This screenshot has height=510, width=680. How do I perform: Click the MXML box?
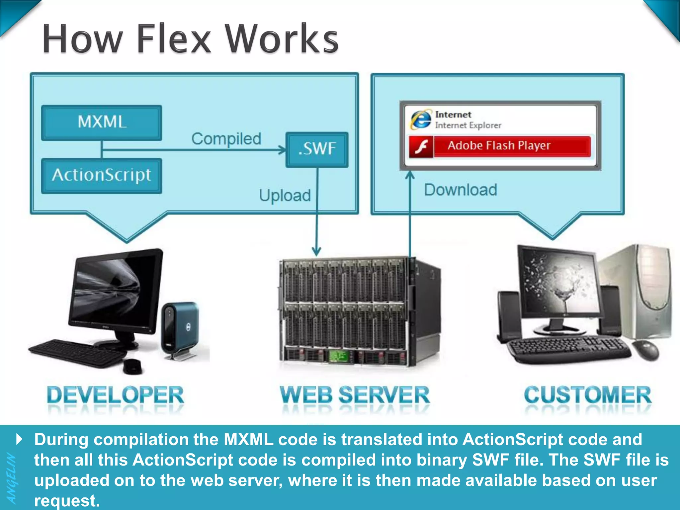point(102,122)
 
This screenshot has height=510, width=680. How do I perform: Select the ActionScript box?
point(102,175)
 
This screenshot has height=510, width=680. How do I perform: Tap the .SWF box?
point(317,149)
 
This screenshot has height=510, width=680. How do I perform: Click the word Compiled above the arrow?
point(226,139)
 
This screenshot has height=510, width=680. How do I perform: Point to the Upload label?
point(285,195)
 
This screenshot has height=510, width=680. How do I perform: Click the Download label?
point(461,190)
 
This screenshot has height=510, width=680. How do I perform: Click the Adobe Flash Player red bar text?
point(499,146)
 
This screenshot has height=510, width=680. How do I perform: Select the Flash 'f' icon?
point(421,146)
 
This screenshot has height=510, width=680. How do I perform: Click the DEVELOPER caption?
point(115,395)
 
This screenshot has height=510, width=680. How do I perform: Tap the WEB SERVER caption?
point(355,395)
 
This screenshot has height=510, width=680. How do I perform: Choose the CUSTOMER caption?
point(587,395)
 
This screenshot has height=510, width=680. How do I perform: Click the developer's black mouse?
point(132,367)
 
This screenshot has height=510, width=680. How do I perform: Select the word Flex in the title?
point(174,39)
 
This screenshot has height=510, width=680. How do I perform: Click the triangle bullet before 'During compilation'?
point(20,439)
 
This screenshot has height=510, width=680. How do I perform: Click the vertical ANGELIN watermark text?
point(12,478)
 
